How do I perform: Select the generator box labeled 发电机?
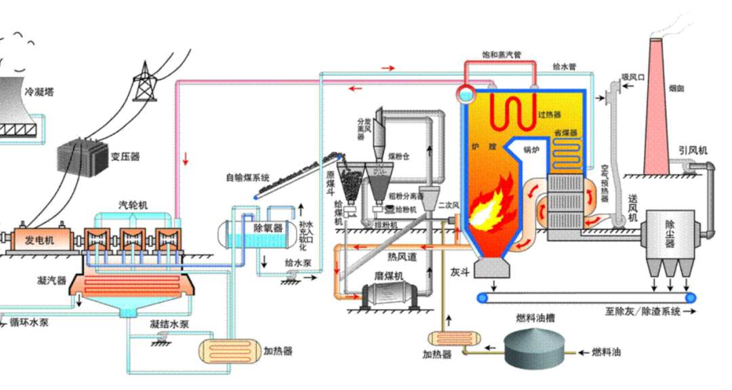coord(39,240)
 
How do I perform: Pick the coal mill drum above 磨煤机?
coord(389,296)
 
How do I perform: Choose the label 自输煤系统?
coord(248,178)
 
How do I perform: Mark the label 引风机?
coord(693,151)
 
